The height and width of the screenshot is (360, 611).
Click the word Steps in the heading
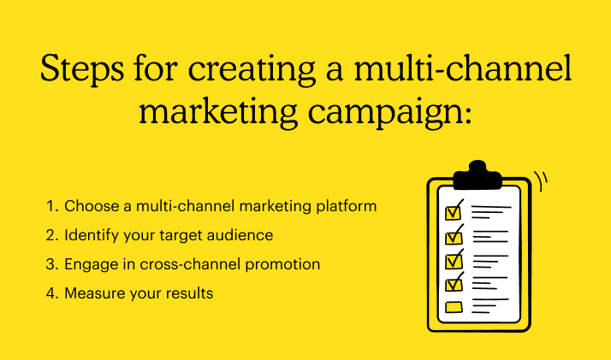click(x=82, y=70)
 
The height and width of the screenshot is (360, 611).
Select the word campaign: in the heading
click(x=389, y=112)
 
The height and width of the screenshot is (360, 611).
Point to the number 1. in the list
click(x=52, y=206)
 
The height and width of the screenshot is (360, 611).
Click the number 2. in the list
click(x=52, y=235)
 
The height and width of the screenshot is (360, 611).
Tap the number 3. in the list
click(x=52, y=264)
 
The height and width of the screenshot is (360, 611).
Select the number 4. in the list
click(x=52, y=293)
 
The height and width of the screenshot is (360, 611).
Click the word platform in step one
click(x=347, y=207)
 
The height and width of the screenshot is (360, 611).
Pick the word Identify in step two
click(x=92, y=236)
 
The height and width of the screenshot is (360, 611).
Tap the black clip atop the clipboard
click(x=478, y=175)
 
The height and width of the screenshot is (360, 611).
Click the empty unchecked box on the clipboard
click(x=454, y=308)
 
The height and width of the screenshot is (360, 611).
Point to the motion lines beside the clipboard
click(x=541, y=181)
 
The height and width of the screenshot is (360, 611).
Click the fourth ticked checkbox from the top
click(x=454, y=283)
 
